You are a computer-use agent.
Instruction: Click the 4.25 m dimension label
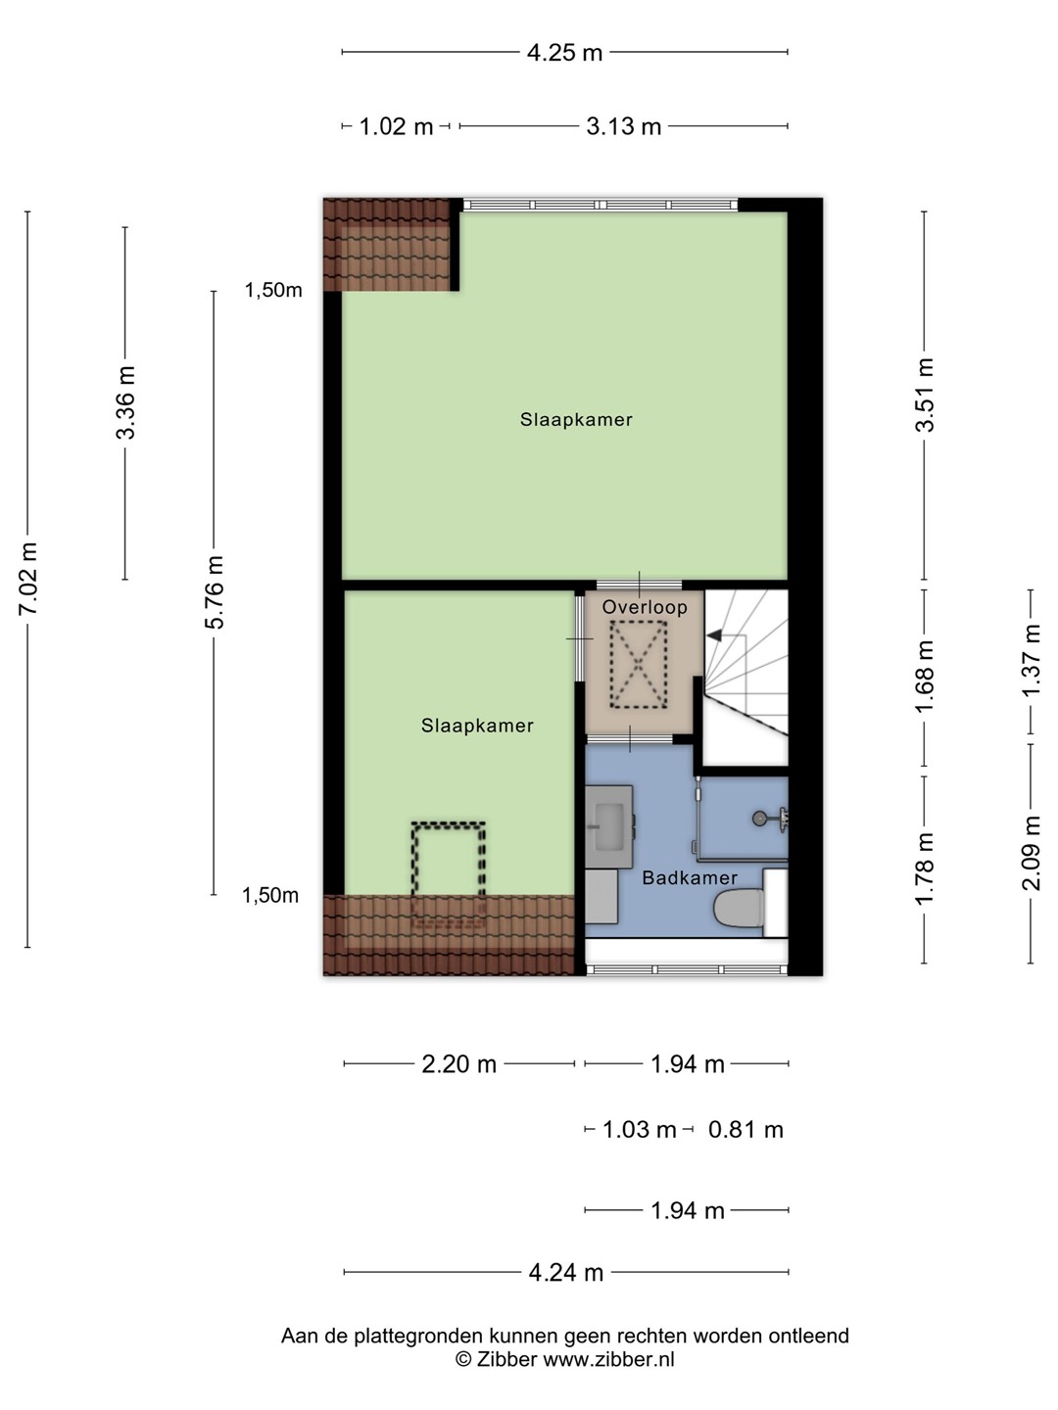coord(564,53)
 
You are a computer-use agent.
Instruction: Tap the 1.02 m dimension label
coord(396,126)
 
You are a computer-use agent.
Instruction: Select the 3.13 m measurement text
coord(623,126)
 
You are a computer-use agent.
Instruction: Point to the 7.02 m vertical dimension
coord(27,578)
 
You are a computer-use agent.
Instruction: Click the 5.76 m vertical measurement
coord(214,592)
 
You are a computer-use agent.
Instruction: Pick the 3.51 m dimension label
coord(925,395)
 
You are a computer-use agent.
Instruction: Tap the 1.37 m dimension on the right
coord(1031,661)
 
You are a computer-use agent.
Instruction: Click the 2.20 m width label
coord(458,1064)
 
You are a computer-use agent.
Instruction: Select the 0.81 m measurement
coord(745,1129)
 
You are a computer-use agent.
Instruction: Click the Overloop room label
coord(645,607)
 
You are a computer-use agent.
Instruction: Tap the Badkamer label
coord(690,877)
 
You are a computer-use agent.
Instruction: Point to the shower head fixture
coord(770,818)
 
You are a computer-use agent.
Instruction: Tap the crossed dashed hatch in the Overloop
coord(638,665)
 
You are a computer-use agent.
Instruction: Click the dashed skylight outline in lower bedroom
coord(449,876)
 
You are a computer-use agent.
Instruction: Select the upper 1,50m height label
coord(273,291)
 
